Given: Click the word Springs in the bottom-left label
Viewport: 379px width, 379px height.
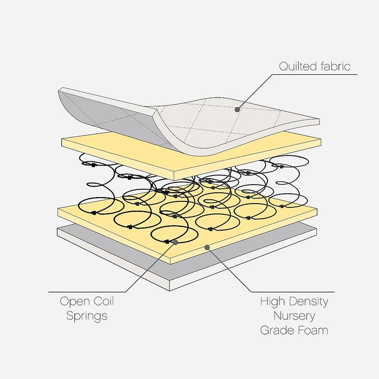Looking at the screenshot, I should (87, 316).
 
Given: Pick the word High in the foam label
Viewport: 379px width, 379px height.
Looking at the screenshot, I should (272, 302).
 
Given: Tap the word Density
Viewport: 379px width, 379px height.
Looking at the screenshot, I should (308, 302).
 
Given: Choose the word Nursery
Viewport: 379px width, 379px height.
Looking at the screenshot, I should (294, 316).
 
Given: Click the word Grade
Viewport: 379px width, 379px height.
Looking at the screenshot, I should (277, 330).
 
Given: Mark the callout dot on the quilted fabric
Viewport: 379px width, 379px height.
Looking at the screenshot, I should (237, 109).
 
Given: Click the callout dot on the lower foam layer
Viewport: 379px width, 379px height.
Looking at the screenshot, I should (207, 247).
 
